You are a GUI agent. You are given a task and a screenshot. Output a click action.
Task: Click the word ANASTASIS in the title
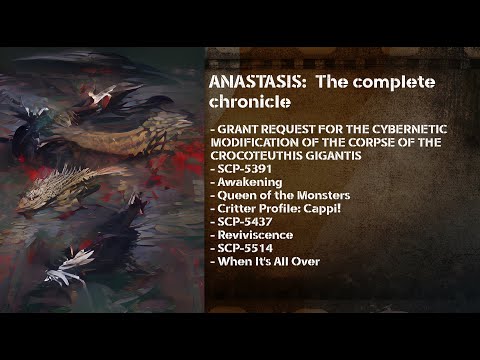click(256, 81)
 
